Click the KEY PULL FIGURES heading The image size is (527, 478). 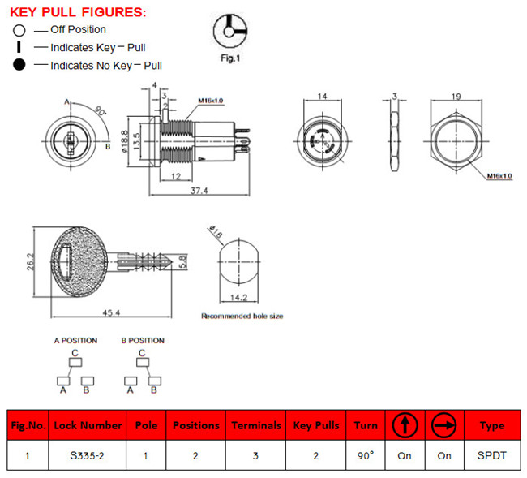pos(78,11)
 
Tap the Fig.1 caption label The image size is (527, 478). pos(233,58)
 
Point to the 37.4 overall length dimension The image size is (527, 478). pos(199,191)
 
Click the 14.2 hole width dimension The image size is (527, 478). pos(240,298)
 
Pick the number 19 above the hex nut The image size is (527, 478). pos(456,97)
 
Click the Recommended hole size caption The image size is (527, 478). pos(242,316)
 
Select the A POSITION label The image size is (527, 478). pos(75,341)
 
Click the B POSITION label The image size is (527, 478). pos(143,341)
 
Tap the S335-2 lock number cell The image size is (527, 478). pos(87,455)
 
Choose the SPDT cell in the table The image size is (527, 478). pos(492,455)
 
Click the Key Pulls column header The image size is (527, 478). pos(316,425)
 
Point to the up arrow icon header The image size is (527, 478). pos(405,424)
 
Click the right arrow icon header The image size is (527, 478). pos(444,424)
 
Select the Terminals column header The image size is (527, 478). pos(256,425)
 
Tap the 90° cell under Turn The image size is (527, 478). pos(366,455)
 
